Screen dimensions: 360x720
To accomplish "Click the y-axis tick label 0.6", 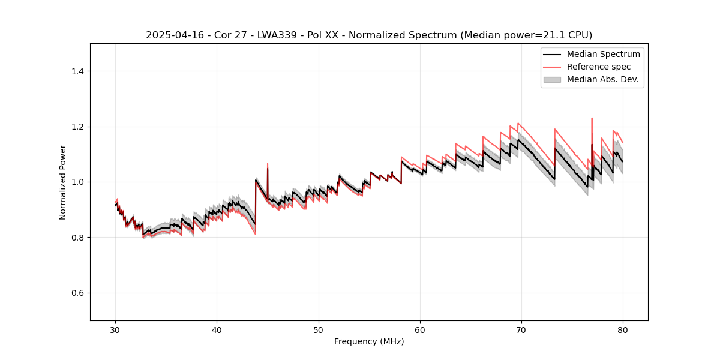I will (x=77, y=293).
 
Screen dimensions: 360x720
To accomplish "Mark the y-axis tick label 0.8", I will (x=77, y=238).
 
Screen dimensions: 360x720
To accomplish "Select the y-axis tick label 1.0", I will (x=77, y=182).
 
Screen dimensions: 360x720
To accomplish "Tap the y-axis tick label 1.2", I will (x=77, y=127).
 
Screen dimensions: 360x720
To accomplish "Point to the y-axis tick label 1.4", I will (x=77, y=71).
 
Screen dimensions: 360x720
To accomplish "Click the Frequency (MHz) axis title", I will (x=369, y=341).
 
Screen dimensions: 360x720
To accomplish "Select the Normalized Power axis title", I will (x=63, y=182).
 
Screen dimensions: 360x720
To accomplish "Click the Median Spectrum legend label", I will (x=603, y=54).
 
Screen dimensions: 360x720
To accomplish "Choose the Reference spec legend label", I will (x=599, y=67).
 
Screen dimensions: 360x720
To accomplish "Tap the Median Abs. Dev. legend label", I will (x=602, y=79).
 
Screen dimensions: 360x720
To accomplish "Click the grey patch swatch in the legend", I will (x=552, y=79).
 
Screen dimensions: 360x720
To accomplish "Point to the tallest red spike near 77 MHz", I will (x=592, y=119).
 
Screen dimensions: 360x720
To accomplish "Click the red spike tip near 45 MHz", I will (x=268, y=164).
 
